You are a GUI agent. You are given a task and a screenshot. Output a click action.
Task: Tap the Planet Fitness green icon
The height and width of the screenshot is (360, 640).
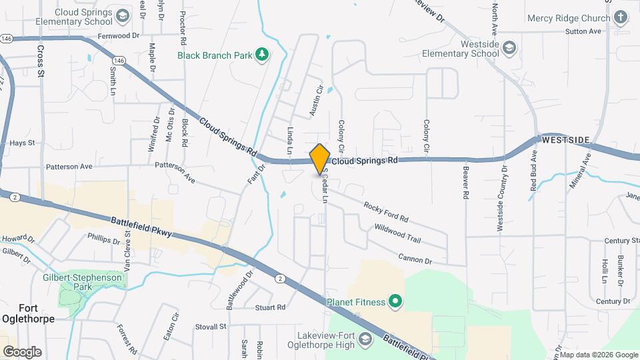[x=395, y=302]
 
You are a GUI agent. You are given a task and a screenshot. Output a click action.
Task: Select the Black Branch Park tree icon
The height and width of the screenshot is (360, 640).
[x=263, y=55]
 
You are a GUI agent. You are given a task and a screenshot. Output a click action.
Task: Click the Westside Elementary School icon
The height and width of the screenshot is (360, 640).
[x=509, y=47]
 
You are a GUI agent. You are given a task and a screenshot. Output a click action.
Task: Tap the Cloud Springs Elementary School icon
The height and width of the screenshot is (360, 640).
[x=122, y=15]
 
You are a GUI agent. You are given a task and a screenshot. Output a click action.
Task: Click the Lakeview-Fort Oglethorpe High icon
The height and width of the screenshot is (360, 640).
[x=365, y=340]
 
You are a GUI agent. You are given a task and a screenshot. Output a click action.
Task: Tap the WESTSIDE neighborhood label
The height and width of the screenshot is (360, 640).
[x=566, y=140]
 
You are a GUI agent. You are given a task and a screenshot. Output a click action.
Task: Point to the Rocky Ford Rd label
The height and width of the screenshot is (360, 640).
[x=385, y=212]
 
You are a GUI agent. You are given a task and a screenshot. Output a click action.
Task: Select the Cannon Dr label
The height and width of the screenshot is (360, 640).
[x=415, y=257]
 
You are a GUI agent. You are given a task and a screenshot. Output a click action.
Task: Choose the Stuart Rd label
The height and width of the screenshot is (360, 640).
[x=270, y=307]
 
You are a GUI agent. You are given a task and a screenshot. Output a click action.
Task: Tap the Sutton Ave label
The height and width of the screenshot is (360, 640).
[x=583, y=31]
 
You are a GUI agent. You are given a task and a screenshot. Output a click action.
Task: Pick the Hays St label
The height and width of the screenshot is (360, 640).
[x=22, y=143]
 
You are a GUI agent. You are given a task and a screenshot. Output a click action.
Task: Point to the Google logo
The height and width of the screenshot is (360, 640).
[x=22, y=351]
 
